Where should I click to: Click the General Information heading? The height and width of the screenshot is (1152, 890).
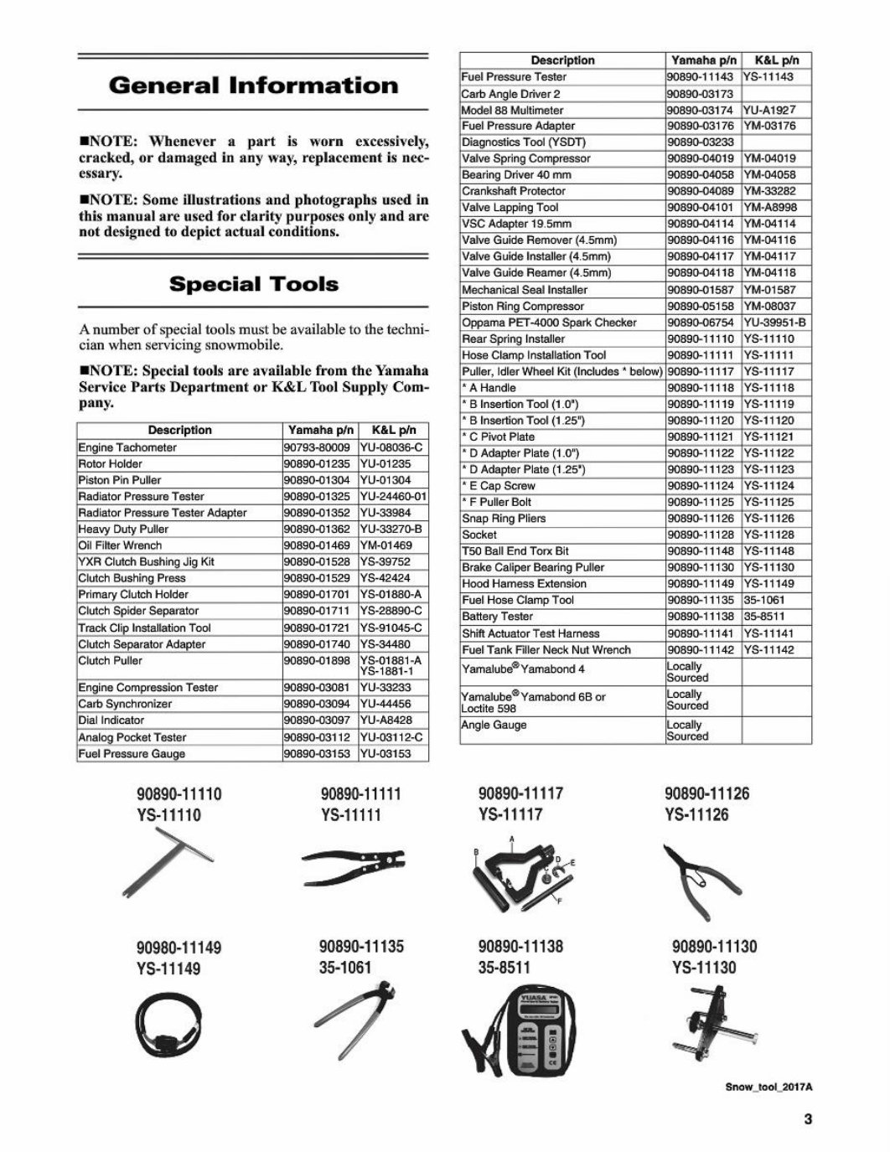click(x=253, y=85)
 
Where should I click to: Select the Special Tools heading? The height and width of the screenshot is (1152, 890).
click(x=253, y=284)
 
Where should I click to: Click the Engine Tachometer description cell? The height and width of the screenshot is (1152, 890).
click(x=127, y=447)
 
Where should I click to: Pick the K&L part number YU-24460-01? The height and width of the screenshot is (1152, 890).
click(x=393, y=497)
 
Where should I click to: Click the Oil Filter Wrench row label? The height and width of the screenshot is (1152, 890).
click(x=120, y=545)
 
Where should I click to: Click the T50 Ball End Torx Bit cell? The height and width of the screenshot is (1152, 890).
click(x=515, y=551)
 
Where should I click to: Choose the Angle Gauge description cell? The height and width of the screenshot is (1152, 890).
click(x=494, y=725)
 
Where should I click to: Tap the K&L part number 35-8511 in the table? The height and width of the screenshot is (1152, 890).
click(x=764, y=617)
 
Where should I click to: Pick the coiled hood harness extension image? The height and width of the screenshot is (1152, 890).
click(x=168, y=1023)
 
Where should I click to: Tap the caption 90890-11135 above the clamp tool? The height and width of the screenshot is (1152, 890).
click(x=361, y=946)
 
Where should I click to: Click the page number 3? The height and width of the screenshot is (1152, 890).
click(x=808, y=1119)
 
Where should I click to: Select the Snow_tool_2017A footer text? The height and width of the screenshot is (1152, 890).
click(x=769, y=1087)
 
